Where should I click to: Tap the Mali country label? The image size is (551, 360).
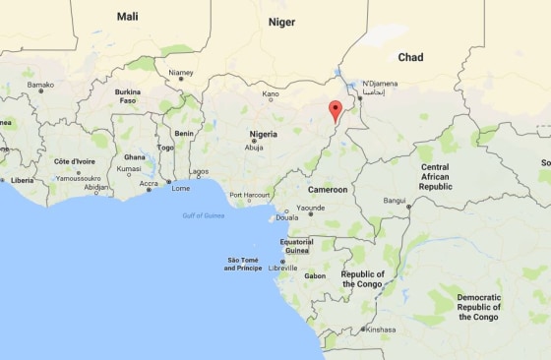(128, 17)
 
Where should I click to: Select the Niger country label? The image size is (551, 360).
(282, 21)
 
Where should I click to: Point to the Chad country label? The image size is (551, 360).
(410, 58)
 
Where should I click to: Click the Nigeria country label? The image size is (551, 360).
(263, 134)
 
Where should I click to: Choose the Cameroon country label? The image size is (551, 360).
(329, 189)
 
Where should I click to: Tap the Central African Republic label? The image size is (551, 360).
(435, 176)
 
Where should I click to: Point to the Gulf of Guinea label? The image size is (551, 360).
(203, 215)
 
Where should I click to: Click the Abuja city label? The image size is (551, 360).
(255, 148)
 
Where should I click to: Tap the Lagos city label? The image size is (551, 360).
(200, 172)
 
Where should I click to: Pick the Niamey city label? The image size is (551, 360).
(180, 73)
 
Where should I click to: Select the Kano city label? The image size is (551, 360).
(271, 95)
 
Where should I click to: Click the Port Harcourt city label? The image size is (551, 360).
(249, 195)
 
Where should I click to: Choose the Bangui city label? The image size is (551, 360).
(395, 202)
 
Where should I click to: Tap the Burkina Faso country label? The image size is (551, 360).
(128, 96)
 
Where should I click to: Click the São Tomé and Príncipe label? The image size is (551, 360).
(244, 264)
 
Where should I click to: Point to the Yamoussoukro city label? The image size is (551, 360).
(79, 179)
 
